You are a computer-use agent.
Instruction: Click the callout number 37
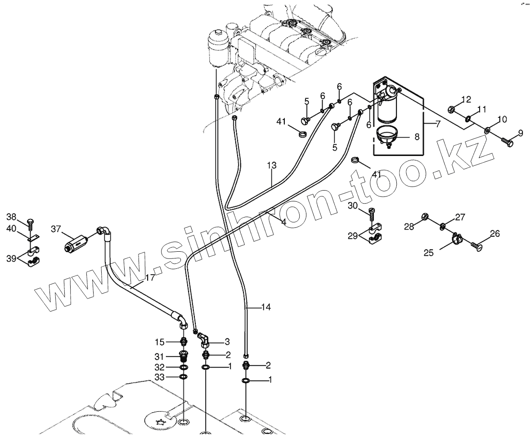pyautogui.click(x=55, y=229)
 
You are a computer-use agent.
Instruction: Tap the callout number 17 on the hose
pyautogui.click(x=150, y=278)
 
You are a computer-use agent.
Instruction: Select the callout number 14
pyautogui.click(x=265, y=307)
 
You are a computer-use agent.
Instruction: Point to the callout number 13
pyautogui.click(x=271, y=166)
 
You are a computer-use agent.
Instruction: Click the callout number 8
pyautogui.click(x=417, y=137)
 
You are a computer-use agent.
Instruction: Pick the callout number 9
pyautogui.click(x=520, y=133)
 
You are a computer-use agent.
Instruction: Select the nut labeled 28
pyautogui.click(x=424, y=218)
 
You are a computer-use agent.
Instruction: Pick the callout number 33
pyautogui.click(x=159, y=377)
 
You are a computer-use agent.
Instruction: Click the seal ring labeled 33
pyautogui.click(x=184, y=377)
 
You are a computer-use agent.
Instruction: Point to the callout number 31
pyautogui.click(x=159, y=356)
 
